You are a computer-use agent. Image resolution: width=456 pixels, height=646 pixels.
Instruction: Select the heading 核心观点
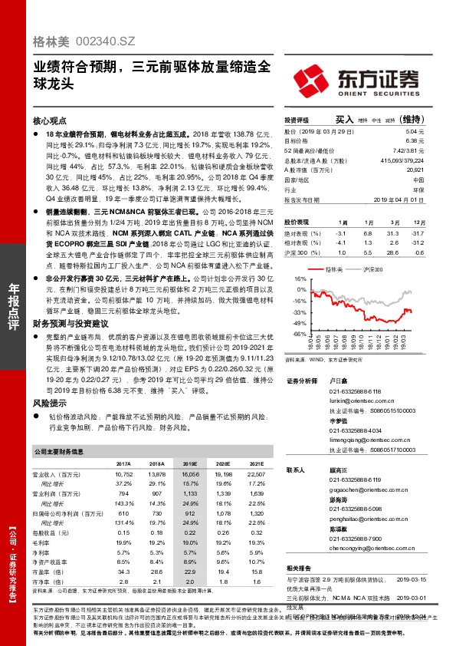tap(51, 121)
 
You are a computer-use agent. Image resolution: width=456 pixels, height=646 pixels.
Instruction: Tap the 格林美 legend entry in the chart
tap(331, 270)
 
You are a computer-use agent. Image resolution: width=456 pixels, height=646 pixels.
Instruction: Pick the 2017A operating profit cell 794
tap(123, 494)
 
